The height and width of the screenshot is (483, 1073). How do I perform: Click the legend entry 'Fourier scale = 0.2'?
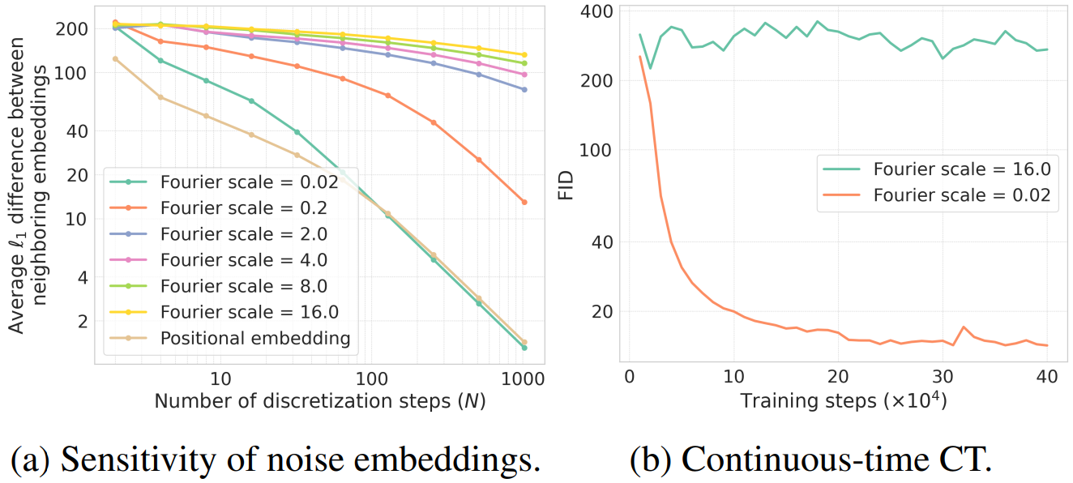pyautogui.click(x=243, y=208)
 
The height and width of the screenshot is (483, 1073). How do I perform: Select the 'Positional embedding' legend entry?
pyautogui.click(x=254, y=338)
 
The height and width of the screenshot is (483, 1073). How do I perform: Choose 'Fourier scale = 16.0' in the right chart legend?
pyautogui.click(x=962, y=169)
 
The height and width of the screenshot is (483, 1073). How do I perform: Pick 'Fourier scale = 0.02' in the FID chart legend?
pyautogui.click(x=962, y=195)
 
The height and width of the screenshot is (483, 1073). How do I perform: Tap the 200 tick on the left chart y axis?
pyautogui.click(x=75, y=29)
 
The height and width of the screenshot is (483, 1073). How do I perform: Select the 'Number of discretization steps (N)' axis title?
pyautogui.click(x=319, y=401)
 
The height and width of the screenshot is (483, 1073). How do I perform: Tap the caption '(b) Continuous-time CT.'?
pyautogui.click(x=810, y=459)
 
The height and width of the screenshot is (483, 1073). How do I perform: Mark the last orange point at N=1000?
pyautogui.click(x=524, y=202)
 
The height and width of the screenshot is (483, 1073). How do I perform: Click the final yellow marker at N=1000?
pyautogui.click(x=524, y=55)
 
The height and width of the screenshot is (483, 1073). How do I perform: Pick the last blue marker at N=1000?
pyautogui.click(x=524, y=89)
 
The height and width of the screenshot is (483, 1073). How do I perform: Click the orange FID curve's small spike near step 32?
pyautogui.click(x=963, y=327)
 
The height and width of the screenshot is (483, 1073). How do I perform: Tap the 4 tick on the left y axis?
pyautogui.click(x=81, y=277)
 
